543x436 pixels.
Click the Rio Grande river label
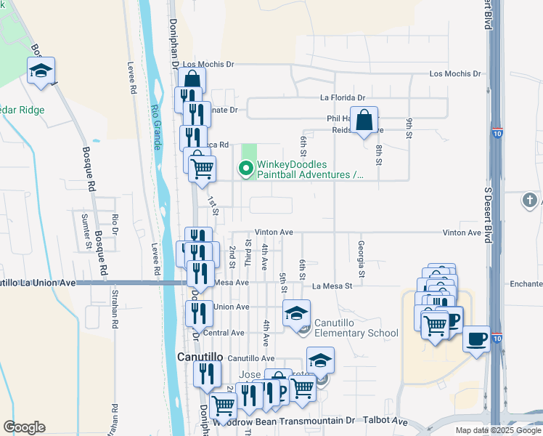point(155,128)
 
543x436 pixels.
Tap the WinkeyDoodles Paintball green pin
point(246,169)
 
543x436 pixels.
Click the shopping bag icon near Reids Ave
point(367,120)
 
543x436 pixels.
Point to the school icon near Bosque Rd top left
point(41,71)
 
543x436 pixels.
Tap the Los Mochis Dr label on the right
point(455,74)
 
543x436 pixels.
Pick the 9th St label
point(409,129)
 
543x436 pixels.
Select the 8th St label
point(379,156)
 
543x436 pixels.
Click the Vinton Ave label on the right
point(463,233)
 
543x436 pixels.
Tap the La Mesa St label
point(332,286)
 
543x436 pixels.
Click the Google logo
point(24,427)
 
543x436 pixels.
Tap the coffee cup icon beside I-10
point(476,339)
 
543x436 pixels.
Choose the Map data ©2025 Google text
point(497,430)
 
